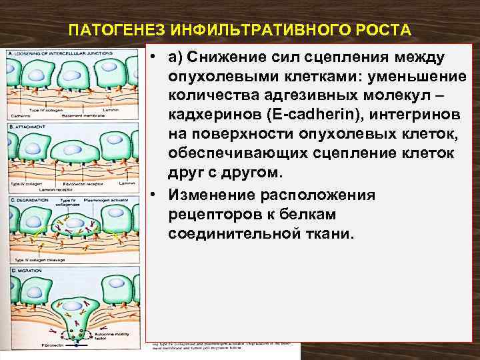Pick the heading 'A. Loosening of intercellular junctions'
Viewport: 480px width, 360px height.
pyautogui.click(x=53, y=53)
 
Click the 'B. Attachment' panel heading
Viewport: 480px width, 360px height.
pyautogui.click(x=27, y=125)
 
